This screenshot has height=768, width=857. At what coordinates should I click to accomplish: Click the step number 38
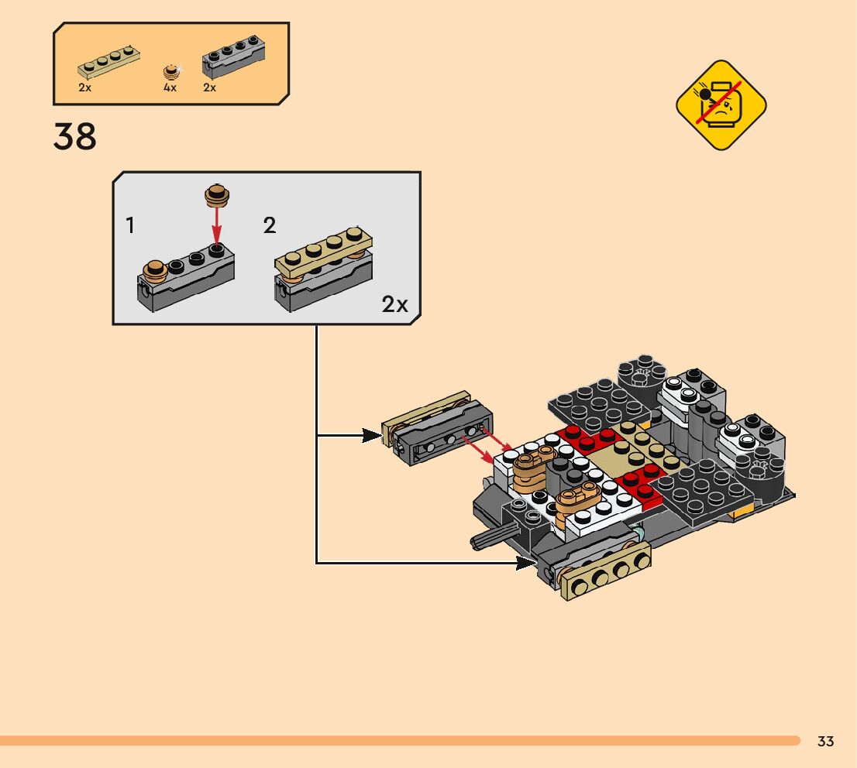pyautogui.click(x=75, y=137)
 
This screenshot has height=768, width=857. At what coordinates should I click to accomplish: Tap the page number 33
pyautogui.click(x=825, y=742)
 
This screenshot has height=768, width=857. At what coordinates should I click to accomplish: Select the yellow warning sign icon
pyautogui.click(x=721, y=105)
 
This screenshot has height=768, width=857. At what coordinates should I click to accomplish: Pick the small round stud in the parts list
pyautogui.click(x=171, y=73)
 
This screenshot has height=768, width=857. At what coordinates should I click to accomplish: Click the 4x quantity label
pyautogui.click(x=170, y=87)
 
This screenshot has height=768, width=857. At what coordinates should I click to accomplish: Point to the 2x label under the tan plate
pyautogui.click(x=85, y=87)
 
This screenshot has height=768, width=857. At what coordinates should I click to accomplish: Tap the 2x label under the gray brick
pyautogui.click(x=209, y=87)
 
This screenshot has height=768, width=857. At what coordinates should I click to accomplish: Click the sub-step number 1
pyautogui.click(x=130, y=226)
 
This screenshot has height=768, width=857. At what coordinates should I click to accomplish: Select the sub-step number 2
pyautogui.click(x=269, y=226)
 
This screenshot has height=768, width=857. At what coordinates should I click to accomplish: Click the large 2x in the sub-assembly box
pyautogui.click(x=394, y=304)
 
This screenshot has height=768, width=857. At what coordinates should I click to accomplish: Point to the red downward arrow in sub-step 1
pyautogui.click(x=217, y=225)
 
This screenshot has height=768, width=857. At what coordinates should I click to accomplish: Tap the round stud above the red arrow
pyautogui.click(x=216, y=194)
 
